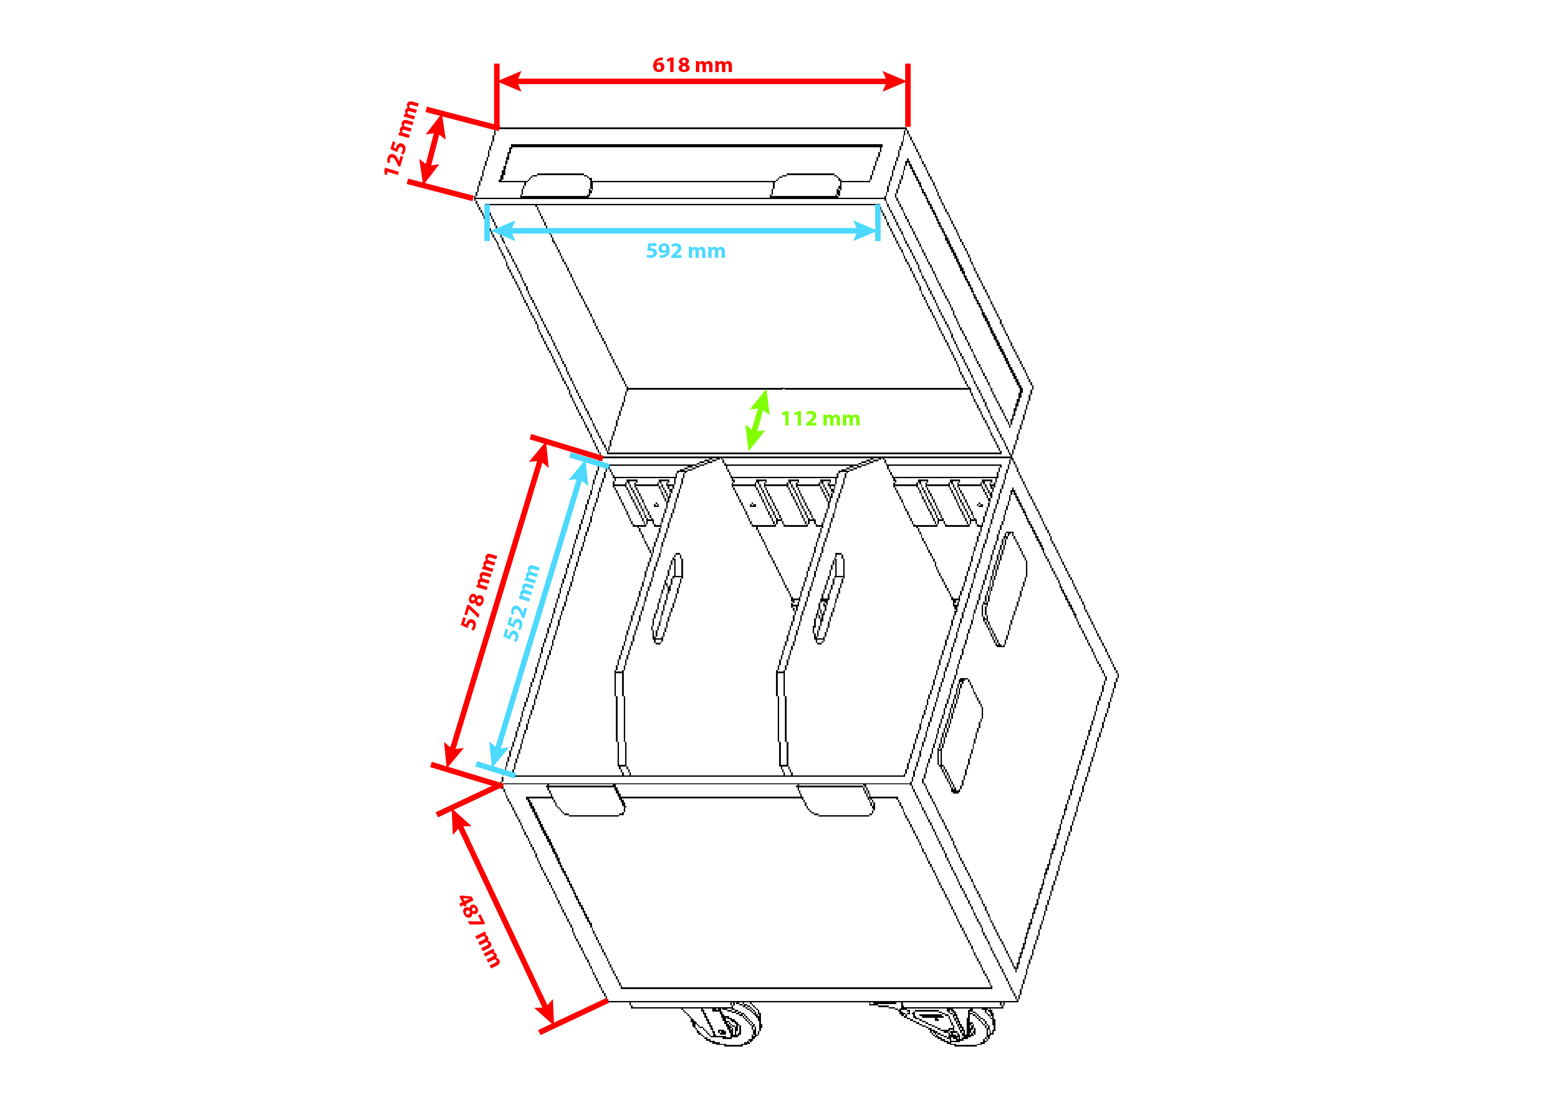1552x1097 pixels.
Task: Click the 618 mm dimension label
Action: [692, 65]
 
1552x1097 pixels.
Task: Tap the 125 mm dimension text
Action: [401, 138]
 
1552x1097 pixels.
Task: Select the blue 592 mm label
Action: [685, 251]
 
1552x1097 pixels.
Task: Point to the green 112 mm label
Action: [820, 418]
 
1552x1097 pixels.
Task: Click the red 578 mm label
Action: [479, 591]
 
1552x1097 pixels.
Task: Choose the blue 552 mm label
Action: [521, 603]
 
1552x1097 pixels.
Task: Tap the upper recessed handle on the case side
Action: [1004, 589]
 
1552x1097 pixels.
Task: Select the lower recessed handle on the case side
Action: [960, 736]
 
